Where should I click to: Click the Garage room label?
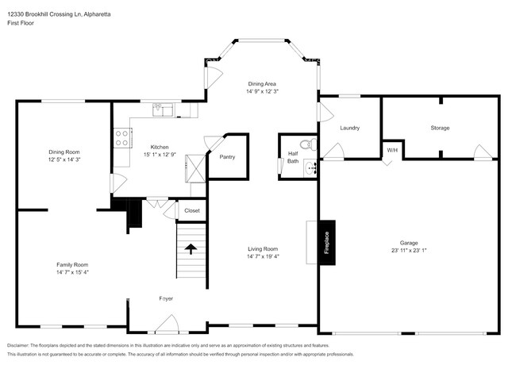(409, 243)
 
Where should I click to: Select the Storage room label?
(440, 128)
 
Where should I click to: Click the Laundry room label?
(349, 128)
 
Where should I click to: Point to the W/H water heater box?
(391, 150)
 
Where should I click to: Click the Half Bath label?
(293, 156)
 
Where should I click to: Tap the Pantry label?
(226, 156)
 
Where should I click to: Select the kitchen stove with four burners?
(123, 139)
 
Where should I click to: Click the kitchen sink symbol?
(164, 109)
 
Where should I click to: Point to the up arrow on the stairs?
(191, 249)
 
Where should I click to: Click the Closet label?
(192, 210)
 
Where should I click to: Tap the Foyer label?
(166, 298)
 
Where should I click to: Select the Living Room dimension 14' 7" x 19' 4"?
(262, 256)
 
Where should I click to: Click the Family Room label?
(71, 264)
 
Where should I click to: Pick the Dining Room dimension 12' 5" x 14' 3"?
(64, 159)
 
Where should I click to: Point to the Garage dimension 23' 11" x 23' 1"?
(409, 251)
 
